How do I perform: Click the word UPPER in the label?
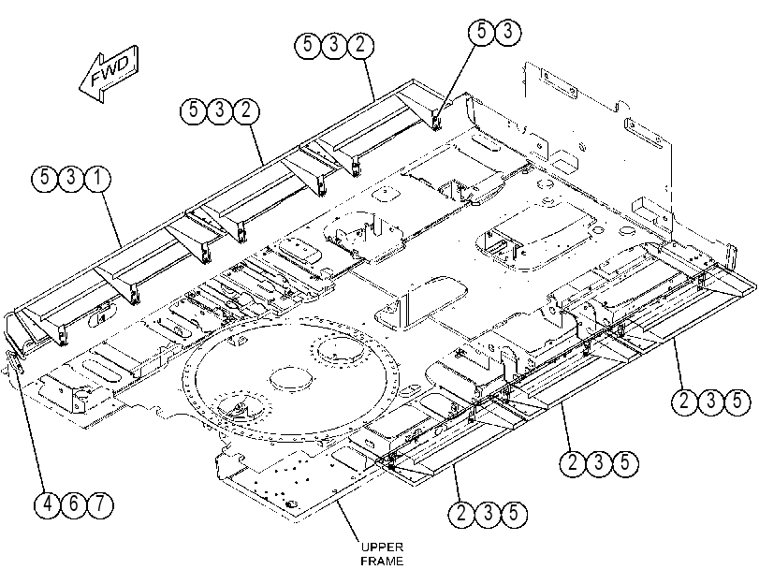click(x=382, y=547)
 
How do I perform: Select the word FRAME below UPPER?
click(x=382, y=562)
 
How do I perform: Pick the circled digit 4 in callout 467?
click(x=48, y=504)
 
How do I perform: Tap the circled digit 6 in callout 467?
click(x=74, y=504)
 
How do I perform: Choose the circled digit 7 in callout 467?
click(x=100, y=504)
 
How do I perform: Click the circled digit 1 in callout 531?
click(x=97, y=178)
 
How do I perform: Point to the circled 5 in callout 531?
click(x=45, y=178)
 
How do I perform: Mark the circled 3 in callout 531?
click(x=71, y=178)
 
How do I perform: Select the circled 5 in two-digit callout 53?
click(x=482, y=32)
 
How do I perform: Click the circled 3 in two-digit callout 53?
click(x=508, y=32)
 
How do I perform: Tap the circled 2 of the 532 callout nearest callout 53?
click(x=360, y=45)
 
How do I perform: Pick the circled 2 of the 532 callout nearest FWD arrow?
click(x=246, y=110)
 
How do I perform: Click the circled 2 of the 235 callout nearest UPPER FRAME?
click(x=461, y=513)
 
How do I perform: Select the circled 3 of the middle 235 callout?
click(x=599, y=463)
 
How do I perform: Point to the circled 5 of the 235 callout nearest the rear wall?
click(x=737, y=401)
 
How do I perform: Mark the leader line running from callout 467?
click(x=30, y=425)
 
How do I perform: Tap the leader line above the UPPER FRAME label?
click(x=349, y=520)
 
